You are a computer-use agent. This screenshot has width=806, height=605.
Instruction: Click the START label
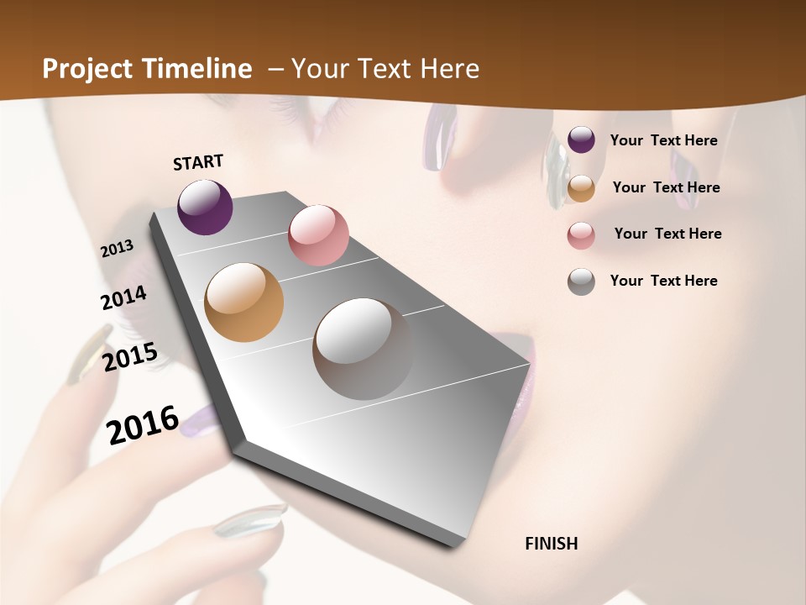click(198, 162)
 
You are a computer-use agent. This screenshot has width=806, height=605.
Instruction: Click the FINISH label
click(552, 544)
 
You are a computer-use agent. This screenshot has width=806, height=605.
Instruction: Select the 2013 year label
click(118, 249)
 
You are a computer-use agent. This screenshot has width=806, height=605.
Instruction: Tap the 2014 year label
click(123, 298)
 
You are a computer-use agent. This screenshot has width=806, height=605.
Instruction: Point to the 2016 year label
click(143, 424)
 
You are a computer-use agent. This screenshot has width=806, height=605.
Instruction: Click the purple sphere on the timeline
click(205, 207)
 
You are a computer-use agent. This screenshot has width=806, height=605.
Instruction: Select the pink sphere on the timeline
click(318, 235)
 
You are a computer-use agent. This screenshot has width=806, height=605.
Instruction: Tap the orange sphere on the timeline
click(244, 302)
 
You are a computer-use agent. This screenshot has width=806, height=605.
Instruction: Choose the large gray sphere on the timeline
click(363, 349)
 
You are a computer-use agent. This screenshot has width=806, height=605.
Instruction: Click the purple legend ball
click(581, 139)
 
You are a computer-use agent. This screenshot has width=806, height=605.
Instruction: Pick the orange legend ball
click(581, 188)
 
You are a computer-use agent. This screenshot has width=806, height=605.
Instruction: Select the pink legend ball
click(581, 235)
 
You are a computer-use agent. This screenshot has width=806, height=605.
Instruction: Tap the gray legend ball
click(581, 281)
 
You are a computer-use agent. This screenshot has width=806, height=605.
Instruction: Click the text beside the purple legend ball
click(663, 140)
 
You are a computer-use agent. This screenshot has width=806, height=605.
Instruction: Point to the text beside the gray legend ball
click(663, 281)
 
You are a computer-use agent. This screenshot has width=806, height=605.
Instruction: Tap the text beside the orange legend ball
click(666, 187)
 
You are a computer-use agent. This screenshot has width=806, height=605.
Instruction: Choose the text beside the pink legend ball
click(667, 234)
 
